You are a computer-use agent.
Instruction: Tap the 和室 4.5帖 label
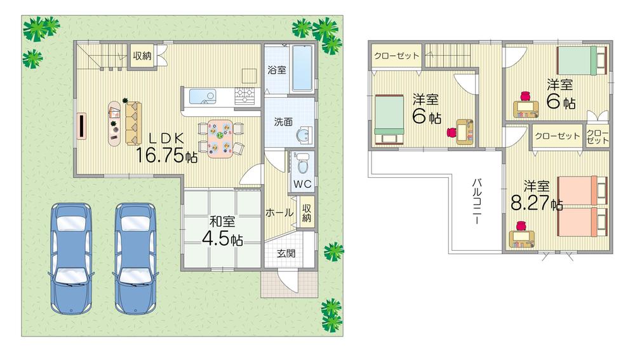222,231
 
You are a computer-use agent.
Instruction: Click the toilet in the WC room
303,164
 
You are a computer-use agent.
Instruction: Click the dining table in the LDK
220,139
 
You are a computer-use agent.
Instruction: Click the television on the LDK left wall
82,125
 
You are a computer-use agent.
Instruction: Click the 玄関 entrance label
285,253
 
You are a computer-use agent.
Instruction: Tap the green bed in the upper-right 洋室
581,62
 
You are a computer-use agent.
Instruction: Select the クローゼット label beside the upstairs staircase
396,56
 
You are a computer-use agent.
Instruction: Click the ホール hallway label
279,213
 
